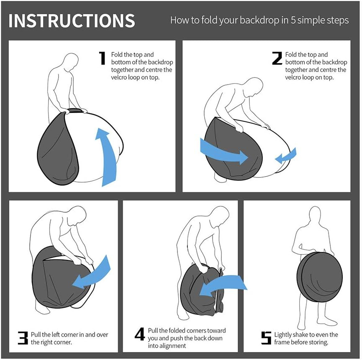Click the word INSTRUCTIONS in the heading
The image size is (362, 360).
click(x=72, y=21)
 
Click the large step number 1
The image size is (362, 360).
click(x=102, y=58)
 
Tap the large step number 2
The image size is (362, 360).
click(x=277, y=58)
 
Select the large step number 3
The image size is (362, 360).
click(x=23, y=338)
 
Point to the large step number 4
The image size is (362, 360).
click(x=140, y=334)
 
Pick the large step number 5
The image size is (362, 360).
click(x=266, y=338)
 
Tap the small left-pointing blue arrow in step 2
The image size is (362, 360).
click(x=286, y=156)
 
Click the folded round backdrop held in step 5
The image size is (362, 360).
click(x=319, y=277)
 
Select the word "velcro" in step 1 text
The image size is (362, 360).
click(x=119, y=77)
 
